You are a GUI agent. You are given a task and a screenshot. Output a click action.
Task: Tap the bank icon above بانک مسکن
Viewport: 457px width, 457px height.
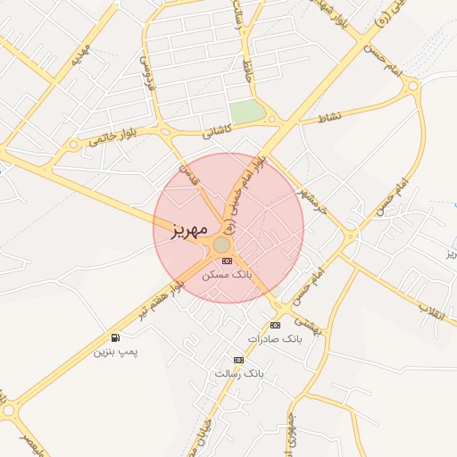pos(227,261)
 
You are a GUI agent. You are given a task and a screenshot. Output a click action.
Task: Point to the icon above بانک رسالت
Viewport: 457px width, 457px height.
pos(238,360)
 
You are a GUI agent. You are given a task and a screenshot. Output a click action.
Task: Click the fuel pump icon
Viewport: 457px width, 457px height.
pos(116,337)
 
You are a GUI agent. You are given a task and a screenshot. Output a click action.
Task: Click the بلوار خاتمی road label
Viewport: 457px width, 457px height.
pos(111,137)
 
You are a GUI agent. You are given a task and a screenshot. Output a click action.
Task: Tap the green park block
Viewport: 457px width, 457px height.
pos(248,112)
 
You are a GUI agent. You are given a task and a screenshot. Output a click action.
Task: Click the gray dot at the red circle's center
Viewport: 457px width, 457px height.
pos(221,244)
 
